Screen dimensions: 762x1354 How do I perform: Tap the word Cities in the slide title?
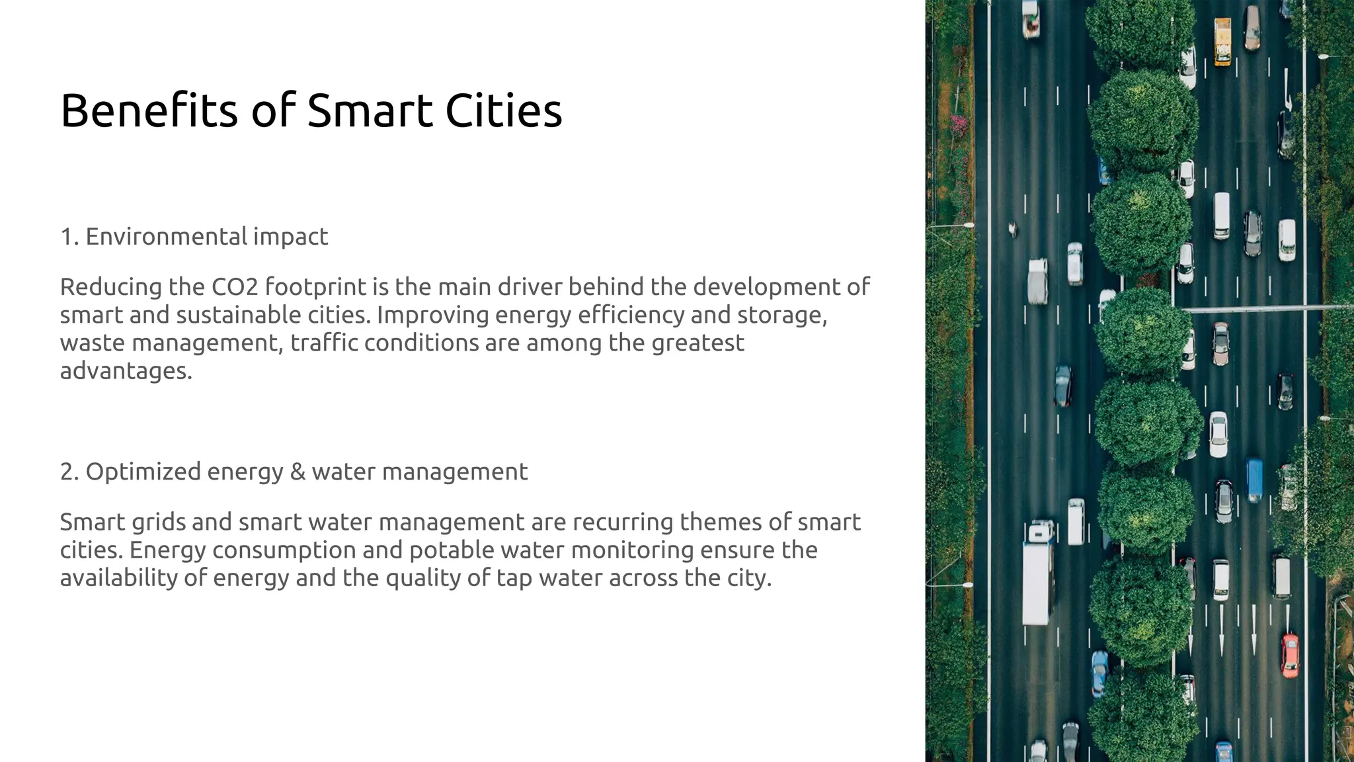(x=503, y=110)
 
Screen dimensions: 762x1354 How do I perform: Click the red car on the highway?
(x=1290, y=655)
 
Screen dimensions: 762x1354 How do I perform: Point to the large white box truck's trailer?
(x=1036, y=582)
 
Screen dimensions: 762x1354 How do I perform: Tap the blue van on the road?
(x=1254, y=480)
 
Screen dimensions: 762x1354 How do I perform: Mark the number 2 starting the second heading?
(x=66, y=472)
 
